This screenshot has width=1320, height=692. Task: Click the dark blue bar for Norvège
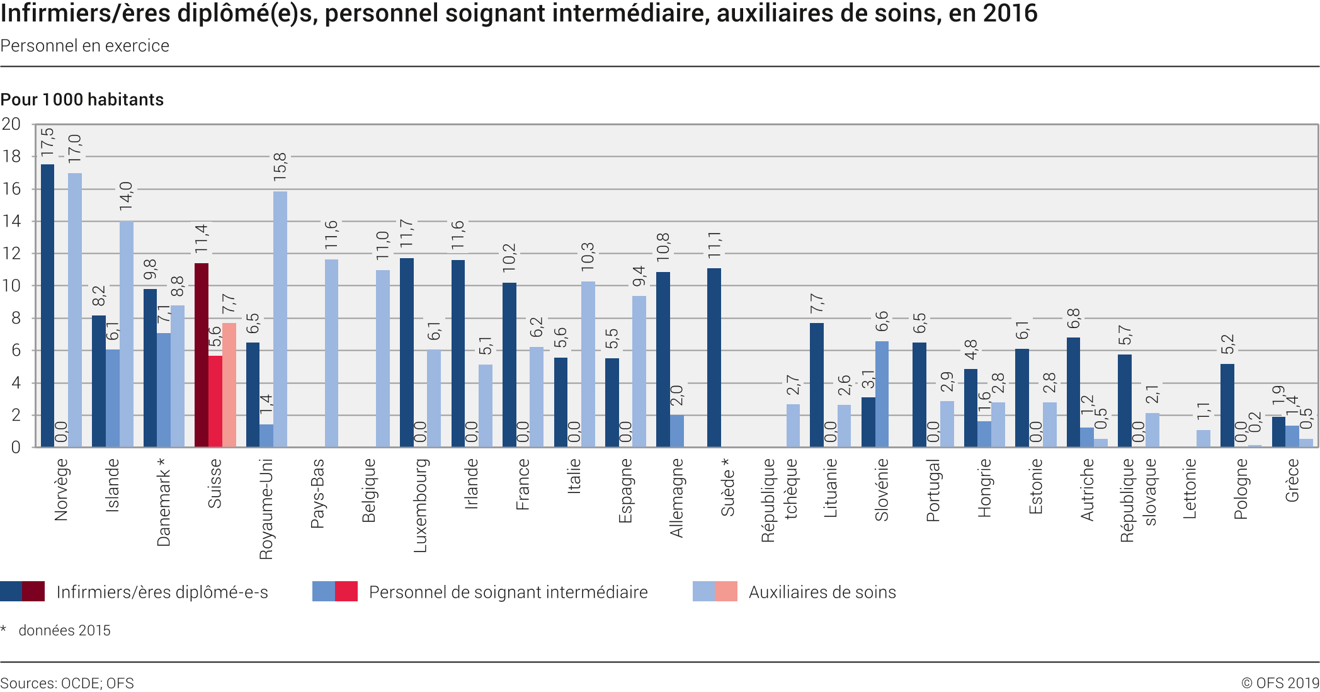[47, 305]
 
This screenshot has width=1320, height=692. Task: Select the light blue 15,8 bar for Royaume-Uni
[280, 319]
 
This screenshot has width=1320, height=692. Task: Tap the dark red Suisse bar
[202, 355]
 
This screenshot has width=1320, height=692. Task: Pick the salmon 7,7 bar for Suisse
[229, 385]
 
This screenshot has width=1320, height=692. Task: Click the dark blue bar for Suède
[714, 358]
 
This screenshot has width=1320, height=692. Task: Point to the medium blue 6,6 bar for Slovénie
[882, 394]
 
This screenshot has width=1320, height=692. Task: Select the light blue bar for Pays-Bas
[331, 353]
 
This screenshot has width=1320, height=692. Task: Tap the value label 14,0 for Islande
[127, 196]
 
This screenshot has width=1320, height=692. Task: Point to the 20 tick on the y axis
[11, 124]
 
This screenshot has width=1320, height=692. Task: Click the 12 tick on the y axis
[11, 254]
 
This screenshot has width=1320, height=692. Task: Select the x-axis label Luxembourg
[420, 506]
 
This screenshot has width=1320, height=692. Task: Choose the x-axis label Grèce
[1292, 480]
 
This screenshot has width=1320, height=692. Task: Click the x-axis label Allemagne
[676, 498]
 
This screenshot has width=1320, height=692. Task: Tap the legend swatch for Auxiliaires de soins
[715, 591]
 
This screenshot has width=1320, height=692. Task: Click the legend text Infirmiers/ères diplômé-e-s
[162, 593]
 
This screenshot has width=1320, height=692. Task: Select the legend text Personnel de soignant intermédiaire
[508, 593]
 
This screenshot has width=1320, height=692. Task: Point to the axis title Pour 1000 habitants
[82, 99]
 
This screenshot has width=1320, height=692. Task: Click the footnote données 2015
[64, 630]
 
